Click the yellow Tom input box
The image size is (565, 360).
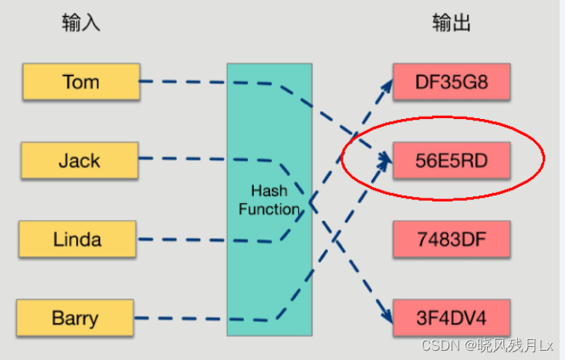(x=81, y=82)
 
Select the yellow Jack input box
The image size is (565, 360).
(x=80, y=161)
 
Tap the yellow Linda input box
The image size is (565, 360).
(x=77, y=239)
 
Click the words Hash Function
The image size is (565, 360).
(x=269, y=199)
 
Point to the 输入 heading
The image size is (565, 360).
(x=81, y=24)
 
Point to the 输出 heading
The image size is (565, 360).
(x=452, y=24)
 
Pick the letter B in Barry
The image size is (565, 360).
(x=57, y=318)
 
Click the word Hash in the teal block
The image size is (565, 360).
(x=269, y=191)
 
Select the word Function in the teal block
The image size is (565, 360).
(x=269, y=209)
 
